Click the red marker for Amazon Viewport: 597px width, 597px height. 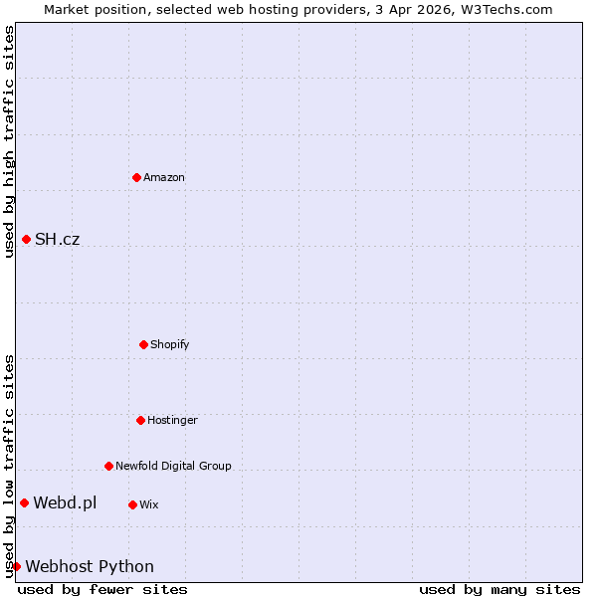click(137, 177)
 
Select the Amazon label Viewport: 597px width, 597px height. click(164, 178)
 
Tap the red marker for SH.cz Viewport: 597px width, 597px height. click(26, 239)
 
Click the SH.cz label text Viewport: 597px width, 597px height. click(57, 240)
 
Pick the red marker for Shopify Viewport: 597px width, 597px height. click(143, 344)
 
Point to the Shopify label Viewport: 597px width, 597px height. click(170, 345)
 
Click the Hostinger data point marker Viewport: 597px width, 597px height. click(140, 420)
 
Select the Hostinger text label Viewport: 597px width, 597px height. click(172, 421)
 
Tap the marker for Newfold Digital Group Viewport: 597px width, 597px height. click(108, 466)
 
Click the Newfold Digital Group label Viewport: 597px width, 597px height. click(173, 466)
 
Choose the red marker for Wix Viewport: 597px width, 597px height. click(132, 504)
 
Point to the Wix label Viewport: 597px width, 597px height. click(149, 505)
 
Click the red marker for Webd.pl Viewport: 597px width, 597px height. click(24, 502)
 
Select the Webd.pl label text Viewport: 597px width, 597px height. click(65, 503)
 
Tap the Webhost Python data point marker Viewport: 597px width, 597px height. click(16, 566)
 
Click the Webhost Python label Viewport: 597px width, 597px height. click(90, 567)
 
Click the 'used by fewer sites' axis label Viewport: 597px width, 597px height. click(102, 590)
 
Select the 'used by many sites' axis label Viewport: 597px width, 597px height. click(499, 590)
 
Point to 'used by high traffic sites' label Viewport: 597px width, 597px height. click(9, 142)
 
